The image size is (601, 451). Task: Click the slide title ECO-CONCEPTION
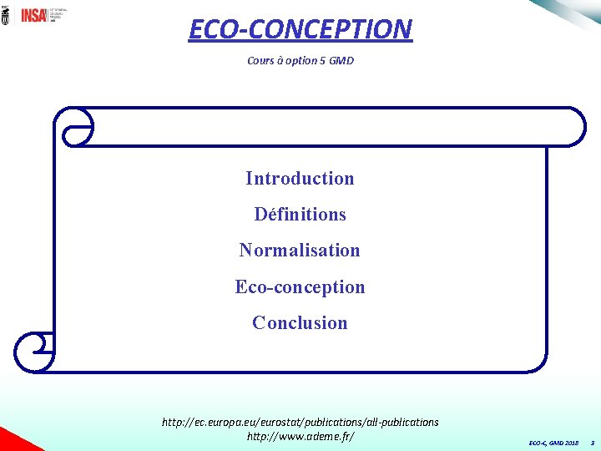click(x=300, y=29)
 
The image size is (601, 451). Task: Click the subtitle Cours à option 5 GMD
click(x=300, y=60)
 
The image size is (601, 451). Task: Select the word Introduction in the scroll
click(x=300, y=178)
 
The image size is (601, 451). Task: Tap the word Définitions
click(x=300, y=215)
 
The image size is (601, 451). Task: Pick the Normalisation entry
click(x=300, y=251)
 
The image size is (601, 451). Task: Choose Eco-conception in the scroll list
click(x=300, y=287)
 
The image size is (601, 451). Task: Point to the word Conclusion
click(x=300, y=323)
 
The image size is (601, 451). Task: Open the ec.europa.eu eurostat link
click(x=300, y=422)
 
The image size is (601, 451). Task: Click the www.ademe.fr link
click(x=300, y=436)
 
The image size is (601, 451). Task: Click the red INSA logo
click(x=33, y=15)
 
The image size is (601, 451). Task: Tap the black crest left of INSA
click(x=7, y=15)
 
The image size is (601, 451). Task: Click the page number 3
click(x=591, y=442)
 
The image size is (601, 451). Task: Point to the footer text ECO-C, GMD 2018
click(x=553, y=442)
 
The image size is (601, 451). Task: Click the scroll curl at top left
click(x=73, y=126)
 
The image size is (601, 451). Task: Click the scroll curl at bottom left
click(x=34, y=352)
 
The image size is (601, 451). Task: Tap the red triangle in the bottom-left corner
click(x=10, y=441)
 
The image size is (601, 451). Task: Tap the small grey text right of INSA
click(x=59, y=15)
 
